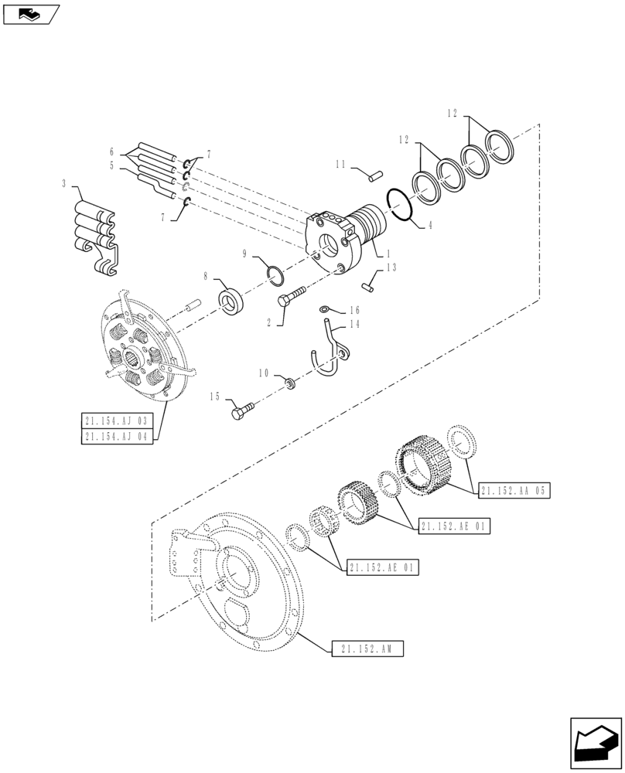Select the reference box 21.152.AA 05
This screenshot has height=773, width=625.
click(514, 490)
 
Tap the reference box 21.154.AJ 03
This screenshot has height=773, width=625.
click(118, 421)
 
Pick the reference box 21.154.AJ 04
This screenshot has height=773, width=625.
click(118, 437)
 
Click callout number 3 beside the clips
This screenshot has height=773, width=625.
click(63, 185)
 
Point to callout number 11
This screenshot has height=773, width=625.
click(340, 165)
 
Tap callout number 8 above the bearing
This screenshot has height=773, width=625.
click(206, 274)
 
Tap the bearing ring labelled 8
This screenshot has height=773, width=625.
click(232, 303)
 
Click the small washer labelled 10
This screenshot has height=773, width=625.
click(290, 383)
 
